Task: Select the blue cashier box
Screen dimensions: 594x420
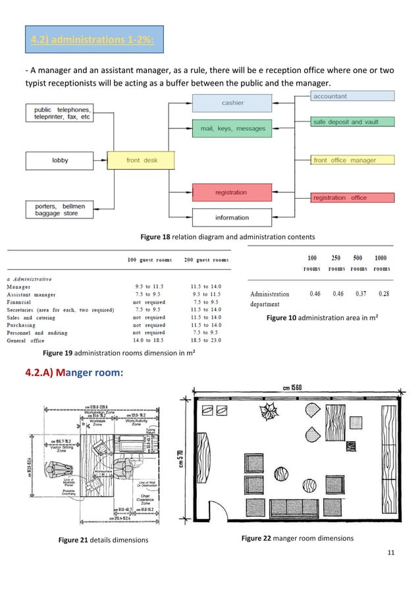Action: (232, 103)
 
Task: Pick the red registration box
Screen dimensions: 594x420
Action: (231, 192)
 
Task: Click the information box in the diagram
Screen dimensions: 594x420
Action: (231, 217)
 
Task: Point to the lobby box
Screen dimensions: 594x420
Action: (60, 160)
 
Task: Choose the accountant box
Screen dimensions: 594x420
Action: (352, 96)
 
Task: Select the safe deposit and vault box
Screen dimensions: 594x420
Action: (352, 122)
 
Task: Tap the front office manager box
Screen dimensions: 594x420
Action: (352, 160)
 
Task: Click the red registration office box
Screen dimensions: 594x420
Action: (352, 198)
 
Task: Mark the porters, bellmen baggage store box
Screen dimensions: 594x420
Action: (60, 209)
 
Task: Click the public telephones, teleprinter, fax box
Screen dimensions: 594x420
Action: (60, 113)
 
